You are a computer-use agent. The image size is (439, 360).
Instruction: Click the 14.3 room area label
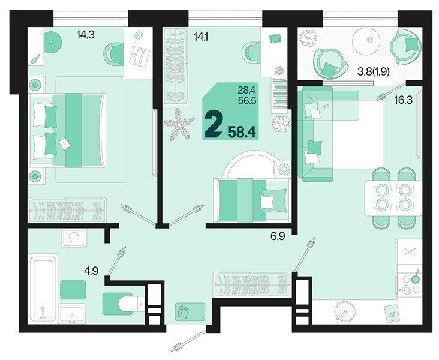[85, 35]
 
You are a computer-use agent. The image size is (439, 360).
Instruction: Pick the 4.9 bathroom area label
[91, 270]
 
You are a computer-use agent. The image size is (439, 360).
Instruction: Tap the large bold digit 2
[212, 125]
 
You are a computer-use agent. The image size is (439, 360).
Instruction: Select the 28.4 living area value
[247, 91]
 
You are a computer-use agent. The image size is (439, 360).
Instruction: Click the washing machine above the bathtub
[75, 237]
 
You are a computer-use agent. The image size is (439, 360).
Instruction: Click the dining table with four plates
[393, 197]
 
